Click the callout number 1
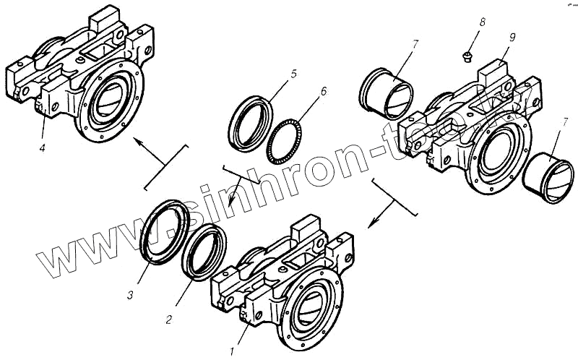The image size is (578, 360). pyautogui.click(x=233, y=351)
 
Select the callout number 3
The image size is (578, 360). pyautogui.click(x=130, y=295)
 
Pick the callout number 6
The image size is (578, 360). pyautogui.click(x=323, y=92)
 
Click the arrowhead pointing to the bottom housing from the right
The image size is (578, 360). pyautogui.click(x=370, y=222)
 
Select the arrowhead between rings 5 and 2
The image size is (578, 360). pyautogui.click(x=230, y=200)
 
